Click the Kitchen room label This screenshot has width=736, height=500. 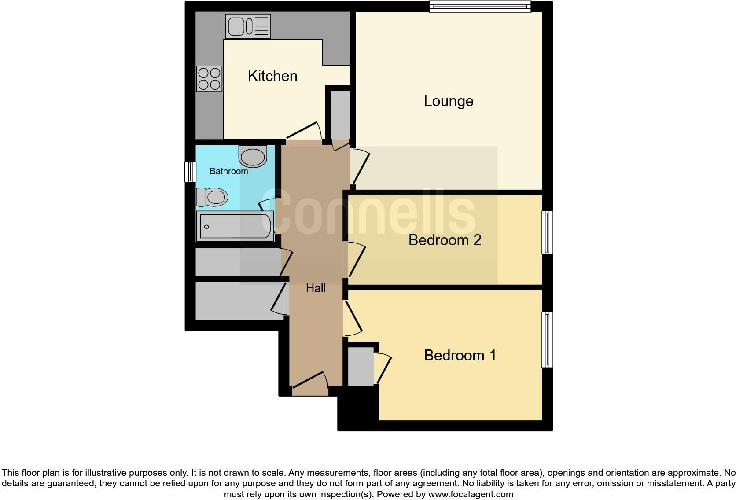click(x=272, y=76)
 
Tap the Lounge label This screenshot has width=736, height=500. click(x=449, y=101)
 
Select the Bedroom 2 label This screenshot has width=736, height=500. click(x=445, y=240)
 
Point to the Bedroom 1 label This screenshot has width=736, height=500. click(x=460, y=355)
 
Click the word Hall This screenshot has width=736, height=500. click(x=316, y=288)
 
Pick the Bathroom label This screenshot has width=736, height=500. click(x=228, y=171)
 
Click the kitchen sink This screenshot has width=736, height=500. click(x=248, y=26)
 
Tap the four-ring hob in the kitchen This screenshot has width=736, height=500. click(x=209, y=78)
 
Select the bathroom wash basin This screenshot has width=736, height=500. click(x=253, y=156)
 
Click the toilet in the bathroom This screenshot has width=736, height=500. click(x=212, y=197)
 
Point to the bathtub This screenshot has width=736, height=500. click(x=235, y=226)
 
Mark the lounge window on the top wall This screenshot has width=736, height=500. click(x=480, y=7)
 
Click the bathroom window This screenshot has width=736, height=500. click(x=190, y=172)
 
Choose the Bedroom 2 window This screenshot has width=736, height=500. click(x=547, y=232)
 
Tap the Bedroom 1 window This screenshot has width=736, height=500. click(x=547, y=339)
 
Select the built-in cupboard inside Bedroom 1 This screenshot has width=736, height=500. click(x=361, y=366)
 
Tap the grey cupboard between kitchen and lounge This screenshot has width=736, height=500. click(x=340, y=114)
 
